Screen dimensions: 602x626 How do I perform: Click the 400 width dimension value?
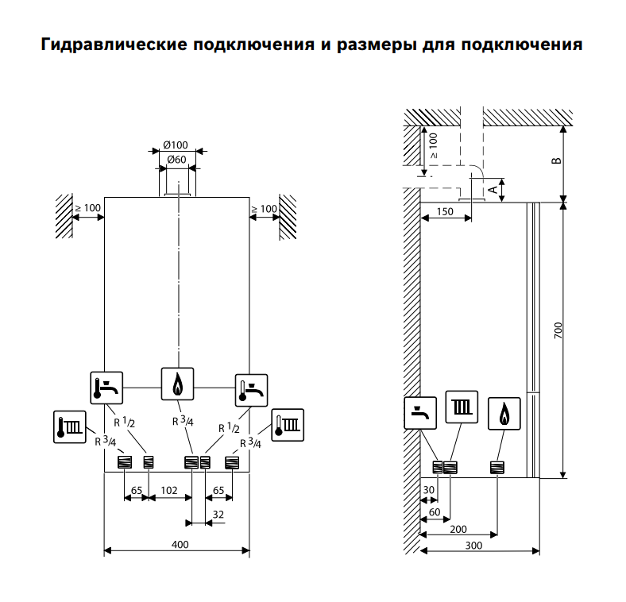coord(180,544)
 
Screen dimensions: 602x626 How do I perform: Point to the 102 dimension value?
coord(168,491)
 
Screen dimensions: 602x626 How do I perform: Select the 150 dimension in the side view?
coord(445,212)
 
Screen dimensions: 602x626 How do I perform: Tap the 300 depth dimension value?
coord(473,546)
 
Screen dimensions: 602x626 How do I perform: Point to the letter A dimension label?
coord(493,189)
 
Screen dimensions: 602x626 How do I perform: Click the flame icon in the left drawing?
coord(177,385)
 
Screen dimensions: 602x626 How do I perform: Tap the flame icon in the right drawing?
coord(504,414)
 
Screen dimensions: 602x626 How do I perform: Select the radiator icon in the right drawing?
coord(462,407)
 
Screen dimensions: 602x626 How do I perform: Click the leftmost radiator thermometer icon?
coord(69,427)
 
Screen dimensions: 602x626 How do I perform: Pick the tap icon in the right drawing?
coord(421,412)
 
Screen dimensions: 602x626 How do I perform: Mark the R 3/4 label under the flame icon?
coord(183,421)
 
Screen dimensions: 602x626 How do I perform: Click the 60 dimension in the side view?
coord(435,512)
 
